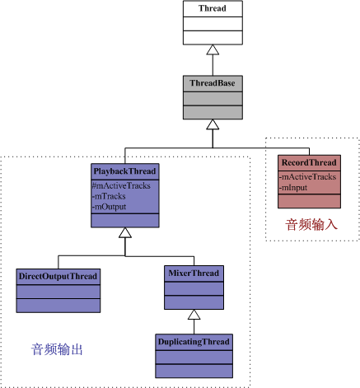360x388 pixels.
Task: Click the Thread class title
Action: click(213, 8)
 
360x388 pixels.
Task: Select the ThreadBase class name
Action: click(213, 83)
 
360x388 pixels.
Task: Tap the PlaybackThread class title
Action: click(125, 171)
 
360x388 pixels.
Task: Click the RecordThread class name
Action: click(309, 162)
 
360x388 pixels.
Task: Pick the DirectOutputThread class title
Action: click(58, 276)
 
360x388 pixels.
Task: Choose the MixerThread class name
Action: click(194, 273)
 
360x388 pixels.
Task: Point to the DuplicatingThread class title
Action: click(194, 342)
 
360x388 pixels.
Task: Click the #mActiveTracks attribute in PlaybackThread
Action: click(121, 186)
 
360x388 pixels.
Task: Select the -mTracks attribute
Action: click(109, 196)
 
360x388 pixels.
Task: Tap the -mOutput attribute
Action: click(110, 207)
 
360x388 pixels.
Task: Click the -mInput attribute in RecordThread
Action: click(293, 188)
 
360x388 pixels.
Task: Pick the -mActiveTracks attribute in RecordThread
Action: click(307, 177)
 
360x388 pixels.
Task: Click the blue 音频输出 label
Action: click(57, 349)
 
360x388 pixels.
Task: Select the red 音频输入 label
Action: click(311, 225)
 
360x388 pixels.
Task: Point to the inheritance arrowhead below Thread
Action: click(213, 49)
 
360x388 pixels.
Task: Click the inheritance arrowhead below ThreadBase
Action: click(213, 124)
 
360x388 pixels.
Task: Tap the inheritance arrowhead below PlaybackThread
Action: click(125, 232)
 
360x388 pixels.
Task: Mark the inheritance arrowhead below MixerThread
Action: click(194, 315)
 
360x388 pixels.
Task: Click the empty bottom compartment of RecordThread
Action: click(309, 201)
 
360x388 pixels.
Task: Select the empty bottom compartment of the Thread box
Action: click(213, 38)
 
